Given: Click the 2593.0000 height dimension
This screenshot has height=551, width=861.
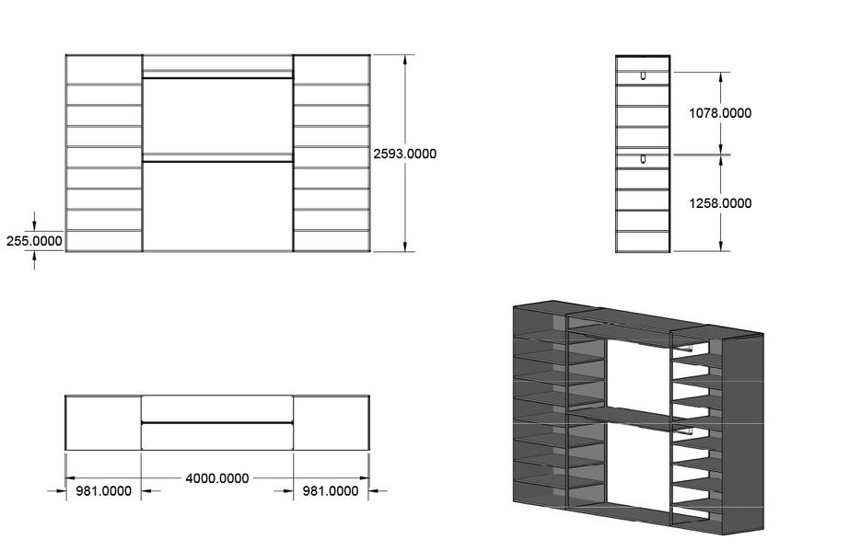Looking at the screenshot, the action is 405,154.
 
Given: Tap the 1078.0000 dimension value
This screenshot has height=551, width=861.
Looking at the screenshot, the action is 720,113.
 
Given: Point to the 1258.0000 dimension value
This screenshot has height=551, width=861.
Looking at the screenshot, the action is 720,202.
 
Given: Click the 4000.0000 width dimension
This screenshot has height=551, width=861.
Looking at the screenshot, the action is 217,478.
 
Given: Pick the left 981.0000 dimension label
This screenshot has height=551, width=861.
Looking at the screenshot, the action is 102,491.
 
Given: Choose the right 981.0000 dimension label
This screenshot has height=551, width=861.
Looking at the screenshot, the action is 331,491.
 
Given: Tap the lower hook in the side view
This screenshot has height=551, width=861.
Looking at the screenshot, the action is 643,160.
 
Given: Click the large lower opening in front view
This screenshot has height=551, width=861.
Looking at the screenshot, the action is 217,206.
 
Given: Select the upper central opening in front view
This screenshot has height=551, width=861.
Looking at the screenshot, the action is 217,116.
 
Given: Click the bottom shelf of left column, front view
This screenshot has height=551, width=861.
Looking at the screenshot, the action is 103,241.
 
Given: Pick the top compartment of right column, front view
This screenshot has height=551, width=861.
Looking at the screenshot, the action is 332,70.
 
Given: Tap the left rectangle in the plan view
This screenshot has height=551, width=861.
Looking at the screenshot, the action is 103,423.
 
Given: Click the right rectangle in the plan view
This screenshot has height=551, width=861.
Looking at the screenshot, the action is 332,423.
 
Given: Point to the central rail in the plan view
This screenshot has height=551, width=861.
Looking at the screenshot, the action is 217,422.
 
